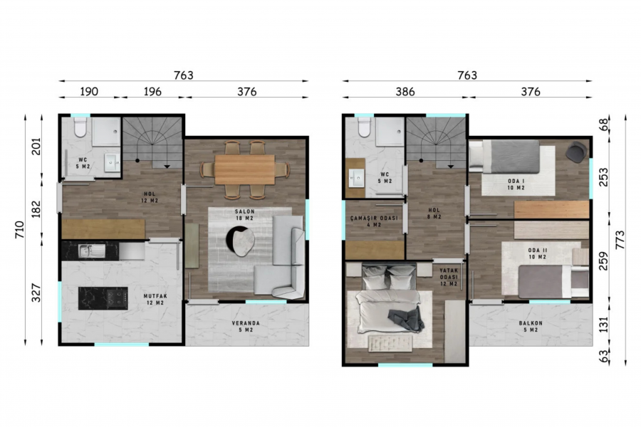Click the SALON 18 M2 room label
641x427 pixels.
tap(244, 215)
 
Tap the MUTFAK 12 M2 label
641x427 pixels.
tap(155, 300)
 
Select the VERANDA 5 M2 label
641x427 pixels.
tap(246, 327)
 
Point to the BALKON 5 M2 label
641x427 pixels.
tap(531, 327)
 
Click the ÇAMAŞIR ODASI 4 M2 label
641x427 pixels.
tap(374, 221)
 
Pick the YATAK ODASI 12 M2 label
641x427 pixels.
tap(449, 277)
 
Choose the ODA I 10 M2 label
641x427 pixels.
tap(516, 184)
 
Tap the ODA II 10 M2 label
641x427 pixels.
tap(537, 253)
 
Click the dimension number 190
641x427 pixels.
tap(89, 92)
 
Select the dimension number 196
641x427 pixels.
tap(152, 92)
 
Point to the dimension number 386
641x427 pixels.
tap(405, 92)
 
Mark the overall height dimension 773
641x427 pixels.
tap(620, 240)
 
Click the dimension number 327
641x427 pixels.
tap(36, 293)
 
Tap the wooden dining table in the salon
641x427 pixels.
tap(245, 169)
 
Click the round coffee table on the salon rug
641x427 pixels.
tap(241, 241)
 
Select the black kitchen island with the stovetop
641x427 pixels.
tap(103, 298)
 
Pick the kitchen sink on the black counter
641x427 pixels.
tap(92, 251)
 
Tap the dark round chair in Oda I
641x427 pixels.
tap(576, 152)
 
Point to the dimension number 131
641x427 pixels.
tap(603, 325)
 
